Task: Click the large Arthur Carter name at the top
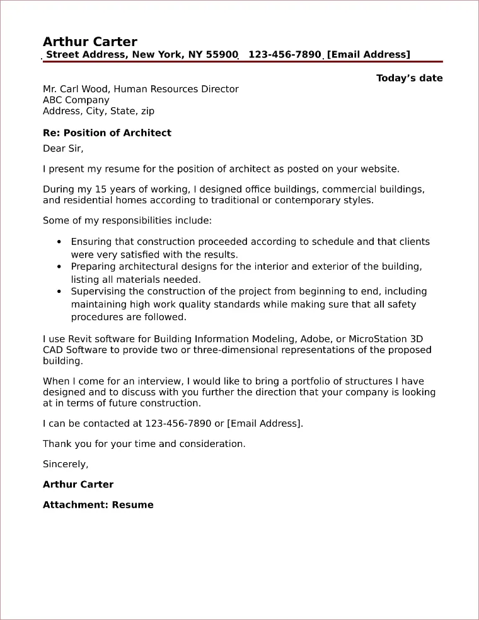89,42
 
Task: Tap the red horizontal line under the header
243,62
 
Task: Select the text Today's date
409,78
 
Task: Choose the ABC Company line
76,100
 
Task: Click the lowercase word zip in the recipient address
146,111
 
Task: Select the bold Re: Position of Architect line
107,133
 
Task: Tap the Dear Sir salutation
63,148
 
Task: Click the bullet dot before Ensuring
59,242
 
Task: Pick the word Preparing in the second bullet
94,267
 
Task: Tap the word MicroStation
372,338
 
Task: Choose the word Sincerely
65,464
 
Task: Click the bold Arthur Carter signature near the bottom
78,484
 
